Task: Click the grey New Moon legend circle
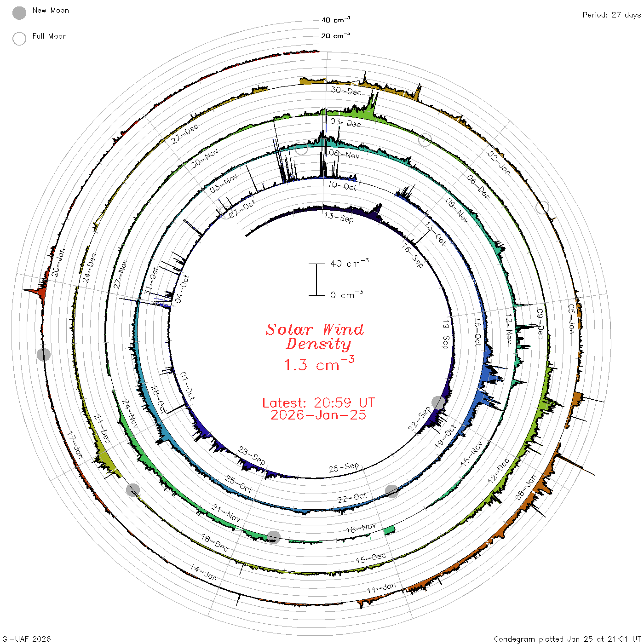[19, 13]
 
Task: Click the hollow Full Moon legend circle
[19, 39]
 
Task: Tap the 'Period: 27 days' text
[611, 15]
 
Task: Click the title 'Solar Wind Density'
[315, 337]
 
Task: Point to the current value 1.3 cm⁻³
[319, 363]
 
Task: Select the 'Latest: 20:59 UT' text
[318, 402]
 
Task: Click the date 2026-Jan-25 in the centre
[318, 415]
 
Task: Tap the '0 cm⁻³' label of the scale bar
[346, 294]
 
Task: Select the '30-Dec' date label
[346, 91]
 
